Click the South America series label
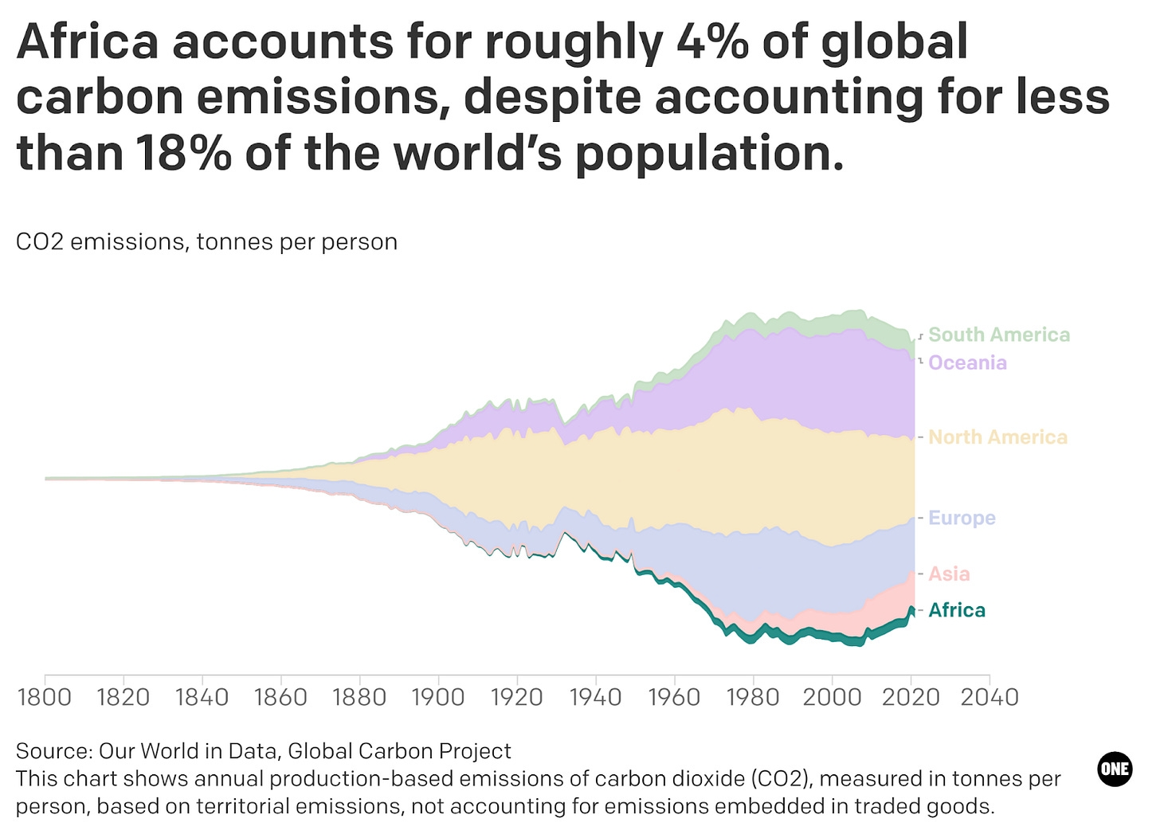[999, 335]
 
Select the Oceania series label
[967, 363]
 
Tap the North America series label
[997, 437]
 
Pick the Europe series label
[962, 518]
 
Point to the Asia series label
[949, 574]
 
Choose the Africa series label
[957, 610]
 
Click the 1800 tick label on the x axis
[45, 698]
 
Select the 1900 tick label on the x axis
[437, 698]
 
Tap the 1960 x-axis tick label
[674, 698]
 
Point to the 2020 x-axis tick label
[911, 698]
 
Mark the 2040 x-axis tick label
[990, 698]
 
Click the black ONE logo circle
[1115, 769]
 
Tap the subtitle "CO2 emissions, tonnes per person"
[206, 242]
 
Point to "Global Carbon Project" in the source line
[399, 751]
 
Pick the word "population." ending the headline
[709, 154]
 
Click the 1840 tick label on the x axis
[202, 698]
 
